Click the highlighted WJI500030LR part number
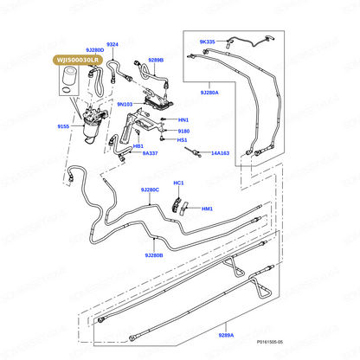click(x=78, y=60)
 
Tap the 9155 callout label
click(x=63, y=126)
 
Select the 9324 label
click(x=112, y=44)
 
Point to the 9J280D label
click(x=95, y=50)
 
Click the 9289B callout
click(x=156, y=60)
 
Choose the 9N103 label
click(x=125, y=104)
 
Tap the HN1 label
click(x=183, y=119)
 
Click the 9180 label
click(x=183, y=132)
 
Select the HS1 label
click(x=183, y=140)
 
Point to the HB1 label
click(x=138, y=146)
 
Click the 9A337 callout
click(x=150, y=153)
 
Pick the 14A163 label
click(x=220, y=153)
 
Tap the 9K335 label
click(x=208, y=42)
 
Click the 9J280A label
click(x=209, y=93)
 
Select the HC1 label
click(x=178, y=183)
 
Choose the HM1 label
click(x=207, y=209)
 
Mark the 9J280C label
click(x=150, y=190)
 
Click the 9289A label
click(x=226, y=335)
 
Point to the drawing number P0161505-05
click(x=270, y=342)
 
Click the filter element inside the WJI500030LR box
click(x=68, y=75)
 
